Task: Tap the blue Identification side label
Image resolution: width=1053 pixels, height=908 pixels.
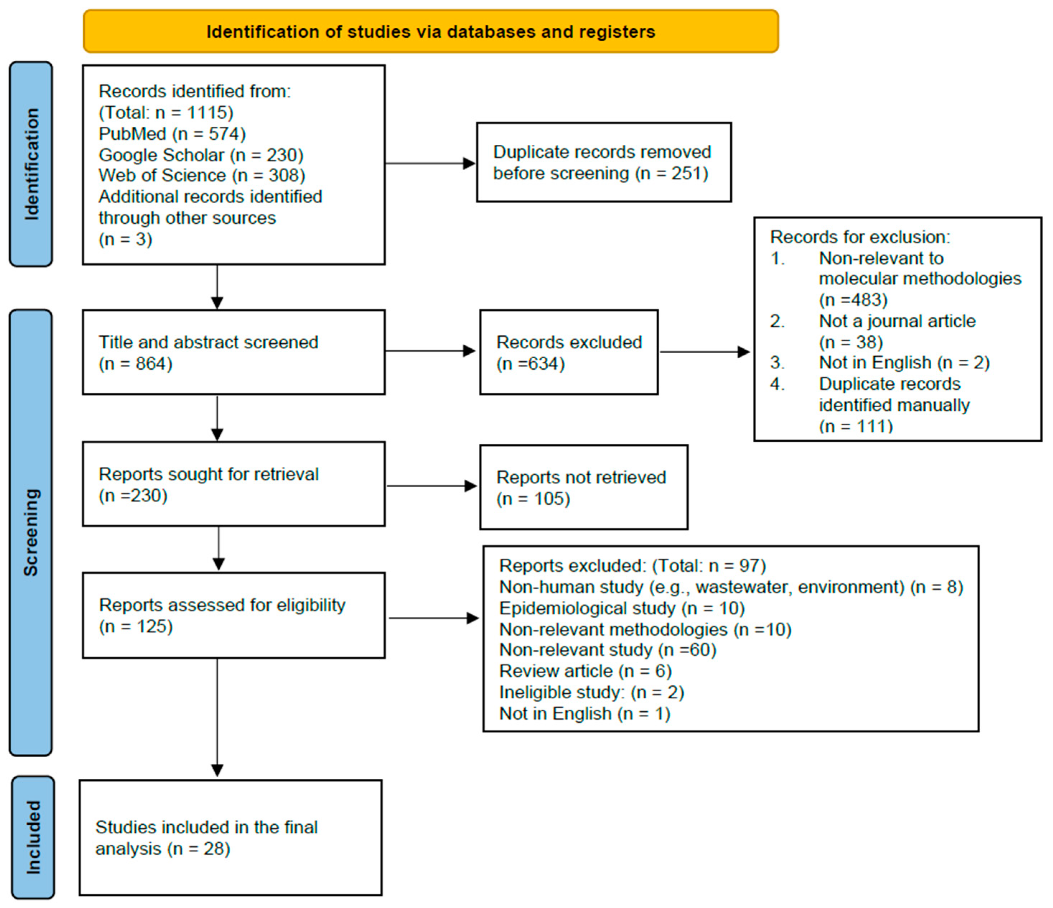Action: tap(31, 164)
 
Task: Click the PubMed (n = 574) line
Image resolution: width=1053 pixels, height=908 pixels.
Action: tap(172, 134)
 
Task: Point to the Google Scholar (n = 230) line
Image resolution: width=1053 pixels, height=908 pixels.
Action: tap(201, 155)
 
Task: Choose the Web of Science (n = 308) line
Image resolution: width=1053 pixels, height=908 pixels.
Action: tap(202, 176)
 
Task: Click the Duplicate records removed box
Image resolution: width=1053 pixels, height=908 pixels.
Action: tap(604, 163)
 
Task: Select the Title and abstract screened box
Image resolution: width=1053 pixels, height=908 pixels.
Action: tap(234, 352)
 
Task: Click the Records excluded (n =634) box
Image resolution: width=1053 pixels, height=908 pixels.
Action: tap(569, 352)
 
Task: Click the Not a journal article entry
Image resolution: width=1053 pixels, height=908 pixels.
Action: tap(897, 321)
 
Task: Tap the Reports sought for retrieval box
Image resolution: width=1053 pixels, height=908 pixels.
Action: tap(234, 484)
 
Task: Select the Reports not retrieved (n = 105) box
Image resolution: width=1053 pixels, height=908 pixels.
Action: tap(584, 488)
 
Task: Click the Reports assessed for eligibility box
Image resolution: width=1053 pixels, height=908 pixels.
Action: tap(234, 615)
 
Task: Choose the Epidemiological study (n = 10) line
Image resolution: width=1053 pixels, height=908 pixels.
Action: tap(622, 609)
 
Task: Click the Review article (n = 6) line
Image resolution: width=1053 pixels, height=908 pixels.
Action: tap(585, 671)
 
